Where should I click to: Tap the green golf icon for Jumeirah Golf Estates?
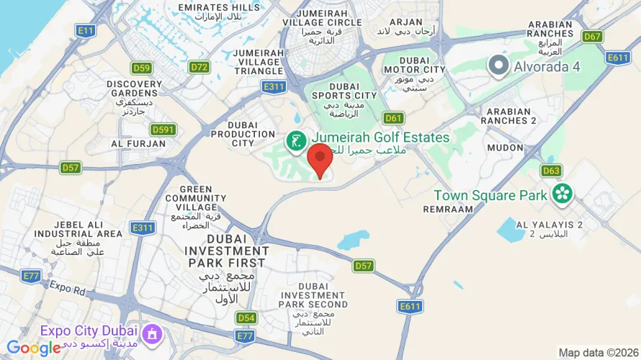coord(295,141)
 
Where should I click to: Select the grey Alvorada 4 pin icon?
coord(498,67)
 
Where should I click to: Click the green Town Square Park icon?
coord(562,194)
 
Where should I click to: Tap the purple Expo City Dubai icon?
coord(151,333)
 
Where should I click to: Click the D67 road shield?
coord(593,36)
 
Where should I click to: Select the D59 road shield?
coord(142,68)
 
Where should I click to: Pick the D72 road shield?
coord(200,67)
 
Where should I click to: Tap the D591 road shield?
coord(163,130)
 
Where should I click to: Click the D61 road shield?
coord(393,118)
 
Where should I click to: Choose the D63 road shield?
coord(551,171)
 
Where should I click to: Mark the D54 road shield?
coord(246,318)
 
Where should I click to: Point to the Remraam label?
coord(449,209)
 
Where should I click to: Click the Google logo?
coord(33,348)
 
